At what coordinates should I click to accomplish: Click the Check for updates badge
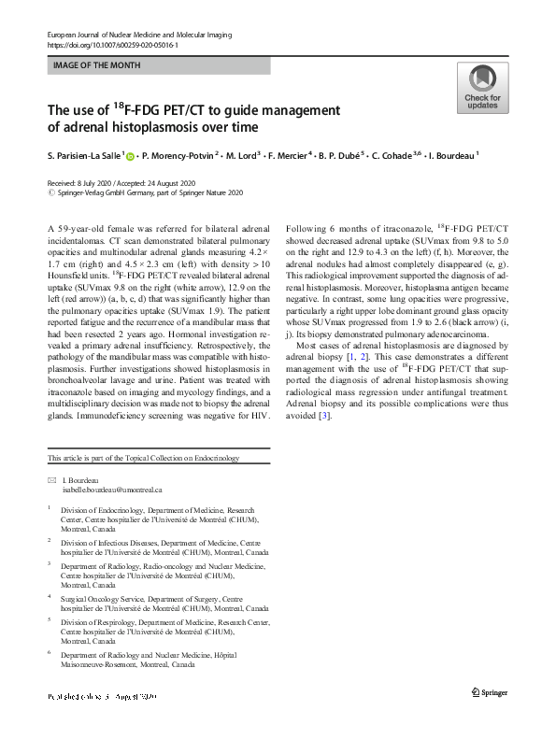coord(481,89)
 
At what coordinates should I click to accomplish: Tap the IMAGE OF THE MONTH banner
coord(158,66)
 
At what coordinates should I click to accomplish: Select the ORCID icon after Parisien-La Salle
coord(131,157)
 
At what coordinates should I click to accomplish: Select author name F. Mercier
coord(292,157)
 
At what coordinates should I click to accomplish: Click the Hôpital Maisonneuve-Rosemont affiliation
coord(150,660)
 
